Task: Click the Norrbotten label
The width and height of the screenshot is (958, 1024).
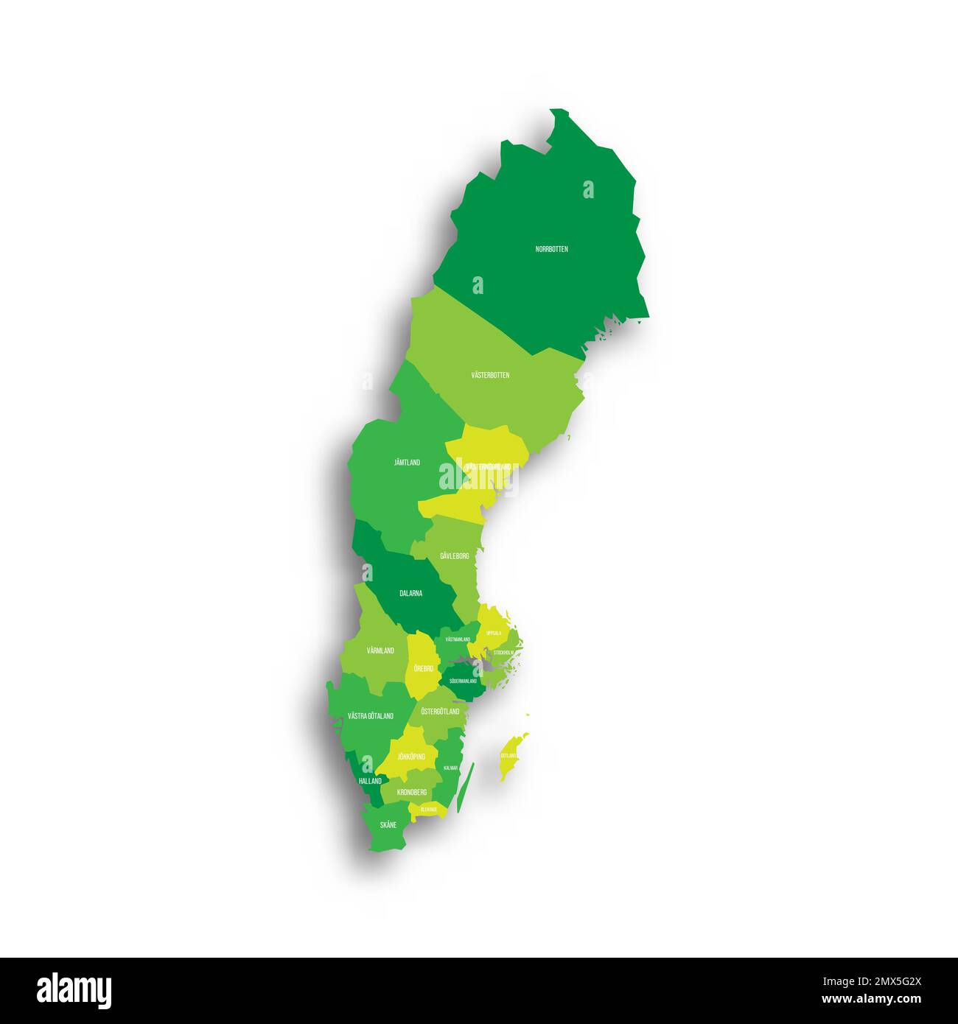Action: click(551, 249)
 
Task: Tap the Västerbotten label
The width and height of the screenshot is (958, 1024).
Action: click(490, 375)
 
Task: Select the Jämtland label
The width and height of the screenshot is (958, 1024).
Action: click(407, 463)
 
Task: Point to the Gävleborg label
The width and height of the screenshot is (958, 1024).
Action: click(454, 556)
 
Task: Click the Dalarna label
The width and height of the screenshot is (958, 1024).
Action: click(410, 593)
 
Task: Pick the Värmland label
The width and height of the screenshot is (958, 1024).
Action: click(380, 650)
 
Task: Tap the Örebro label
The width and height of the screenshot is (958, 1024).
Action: click(423, 668)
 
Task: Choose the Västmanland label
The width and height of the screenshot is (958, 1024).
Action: click(458, 639)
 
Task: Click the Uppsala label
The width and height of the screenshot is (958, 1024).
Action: click(494, 633)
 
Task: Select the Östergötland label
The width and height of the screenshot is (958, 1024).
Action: click(440, 712)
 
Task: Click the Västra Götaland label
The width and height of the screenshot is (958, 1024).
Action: click(370, 716)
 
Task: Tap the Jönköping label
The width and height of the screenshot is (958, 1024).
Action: click(411, 757)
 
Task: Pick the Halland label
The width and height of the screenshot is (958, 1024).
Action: click(370, 781)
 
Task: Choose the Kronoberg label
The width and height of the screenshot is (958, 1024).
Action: click(411, 792)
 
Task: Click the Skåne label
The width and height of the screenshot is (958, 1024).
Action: click(388, 825)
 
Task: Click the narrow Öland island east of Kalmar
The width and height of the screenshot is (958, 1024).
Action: click(465, 789)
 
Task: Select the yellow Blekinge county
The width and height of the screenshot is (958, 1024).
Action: click(429, 810)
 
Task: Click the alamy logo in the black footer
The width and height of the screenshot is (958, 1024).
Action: click(74, 990)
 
